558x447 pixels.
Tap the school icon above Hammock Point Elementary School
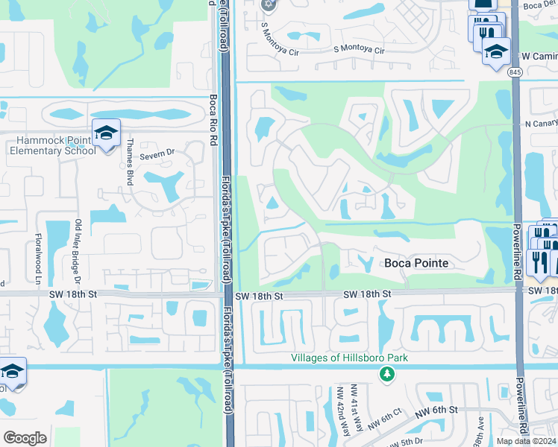coord(107,133)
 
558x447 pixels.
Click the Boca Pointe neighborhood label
coord(416,263)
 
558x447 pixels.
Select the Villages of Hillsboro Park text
coord(349,358)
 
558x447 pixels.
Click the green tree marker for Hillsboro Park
coord(386,372)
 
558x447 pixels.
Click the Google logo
coord(25,438)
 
